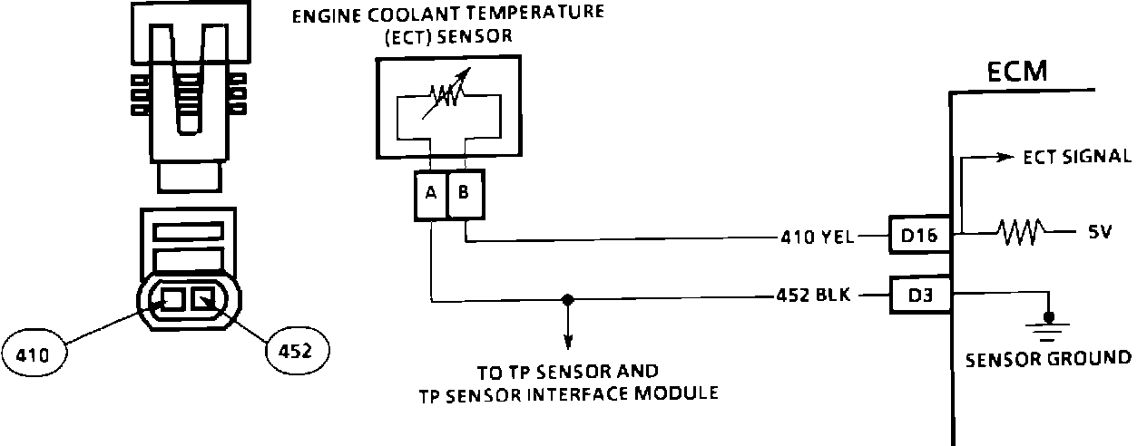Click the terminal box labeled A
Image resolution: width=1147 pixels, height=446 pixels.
click(x=431, y=195)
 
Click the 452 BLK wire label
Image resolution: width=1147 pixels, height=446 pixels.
click(x=812, y=296)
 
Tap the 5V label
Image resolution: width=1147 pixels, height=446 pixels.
click(x=1100, y=232)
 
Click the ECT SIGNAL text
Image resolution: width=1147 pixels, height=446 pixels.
click(x=1076, y=157)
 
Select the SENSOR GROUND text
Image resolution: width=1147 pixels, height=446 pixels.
click(x=1048, y=357)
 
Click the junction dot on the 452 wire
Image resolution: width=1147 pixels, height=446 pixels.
click(x=567, y=298)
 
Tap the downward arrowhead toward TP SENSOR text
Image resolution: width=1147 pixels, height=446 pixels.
click(x=568, y=343)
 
